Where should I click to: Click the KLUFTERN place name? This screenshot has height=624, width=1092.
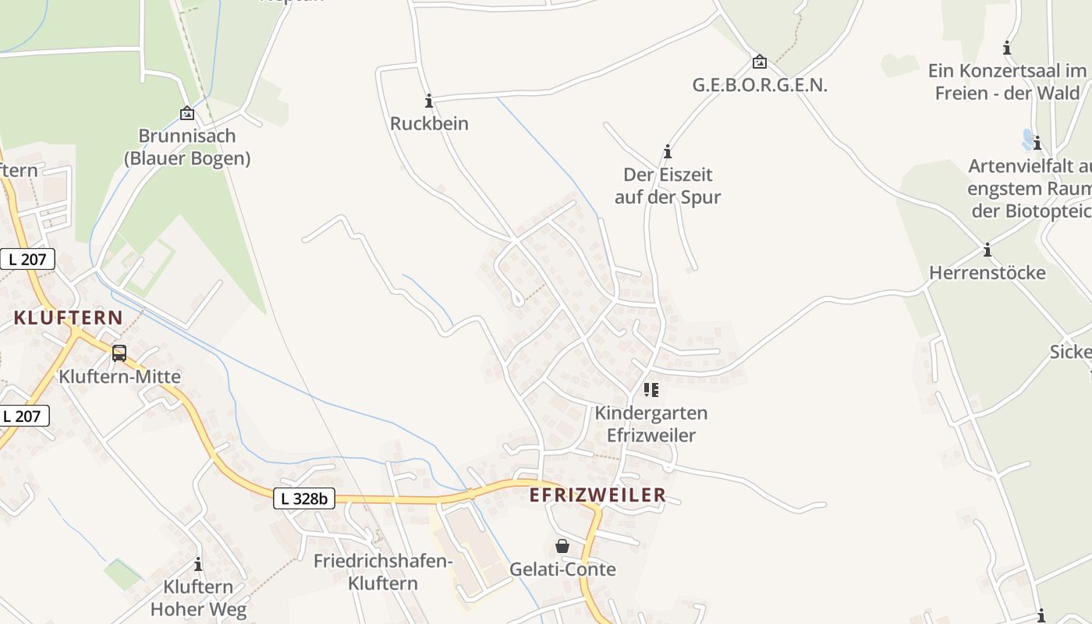tap(69, 317)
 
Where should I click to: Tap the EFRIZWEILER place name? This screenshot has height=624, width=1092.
tap(597, 495)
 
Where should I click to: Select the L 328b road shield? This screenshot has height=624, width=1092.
tap(304, 498)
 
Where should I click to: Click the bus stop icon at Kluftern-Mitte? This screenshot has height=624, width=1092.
tap(119, 353)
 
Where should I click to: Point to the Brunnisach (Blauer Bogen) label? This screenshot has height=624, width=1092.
tap(187, 147)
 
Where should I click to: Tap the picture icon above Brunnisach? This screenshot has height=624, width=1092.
tap(187, 114)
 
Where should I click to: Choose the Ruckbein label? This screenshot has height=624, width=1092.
tap(429, 123)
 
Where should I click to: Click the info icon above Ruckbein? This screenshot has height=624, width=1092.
tap(428, 101)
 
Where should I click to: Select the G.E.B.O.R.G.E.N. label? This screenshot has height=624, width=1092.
tap(760, 85)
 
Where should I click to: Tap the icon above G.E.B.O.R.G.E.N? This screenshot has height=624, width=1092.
tap(759, 62)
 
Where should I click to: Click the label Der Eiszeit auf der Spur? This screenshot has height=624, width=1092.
tap(668, 186)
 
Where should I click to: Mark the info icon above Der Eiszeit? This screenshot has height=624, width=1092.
tap(668, 151)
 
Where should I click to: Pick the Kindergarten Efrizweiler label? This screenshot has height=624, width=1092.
tap(651, 424)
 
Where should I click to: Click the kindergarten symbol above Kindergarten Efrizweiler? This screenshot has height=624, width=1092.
tap(651, 389)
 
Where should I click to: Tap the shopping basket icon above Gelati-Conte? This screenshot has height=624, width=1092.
tap(562, 546)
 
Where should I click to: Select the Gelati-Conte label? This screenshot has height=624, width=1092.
tap(562, 569)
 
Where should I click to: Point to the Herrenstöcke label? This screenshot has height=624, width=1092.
tap(987, 273)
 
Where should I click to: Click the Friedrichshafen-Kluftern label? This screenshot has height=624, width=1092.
tap(383, 572)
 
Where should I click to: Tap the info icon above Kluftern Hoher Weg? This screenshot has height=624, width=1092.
tap(198, 564)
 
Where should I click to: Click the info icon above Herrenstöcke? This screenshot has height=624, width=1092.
tap(987, 250)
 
